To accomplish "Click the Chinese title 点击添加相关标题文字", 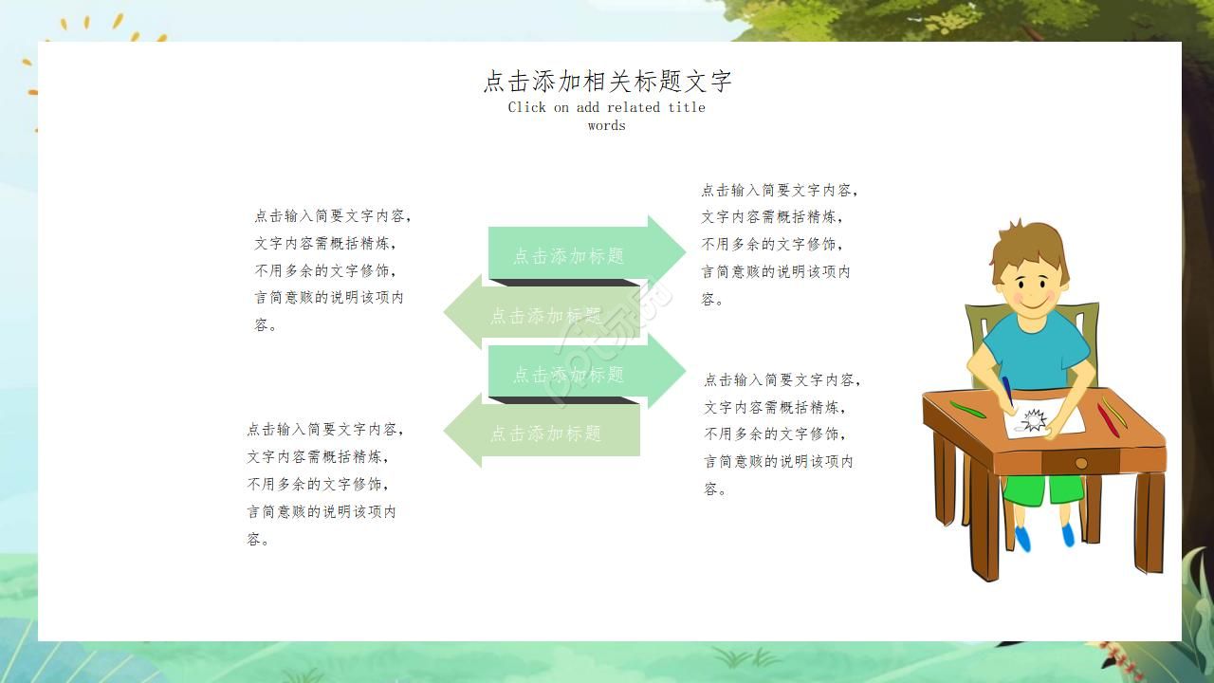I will [607, 82].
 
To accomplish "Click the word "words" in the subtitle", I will [606, 125].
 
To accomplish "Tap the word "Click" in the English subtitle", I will [527, 107].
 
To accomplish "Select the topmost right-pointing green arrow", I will [579, 253].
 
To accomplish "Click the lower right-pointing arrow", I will [579, 373].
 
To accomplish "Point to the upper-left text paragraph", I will [332, 270].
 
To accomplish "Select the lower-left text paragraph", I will [325, 484].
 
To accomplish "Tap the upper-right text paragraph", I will [780, 245].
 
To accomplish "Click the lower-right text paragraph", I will [782, 434].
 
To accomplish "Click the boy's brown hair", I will [1029, 242].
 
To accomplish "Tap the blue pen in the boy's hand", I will [1006, 390].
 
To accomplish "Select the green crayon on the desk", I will [968, 410].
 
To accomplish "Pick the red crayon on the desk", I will [1106, 418].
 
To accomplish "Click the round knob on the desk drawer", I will [1080, 463].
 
